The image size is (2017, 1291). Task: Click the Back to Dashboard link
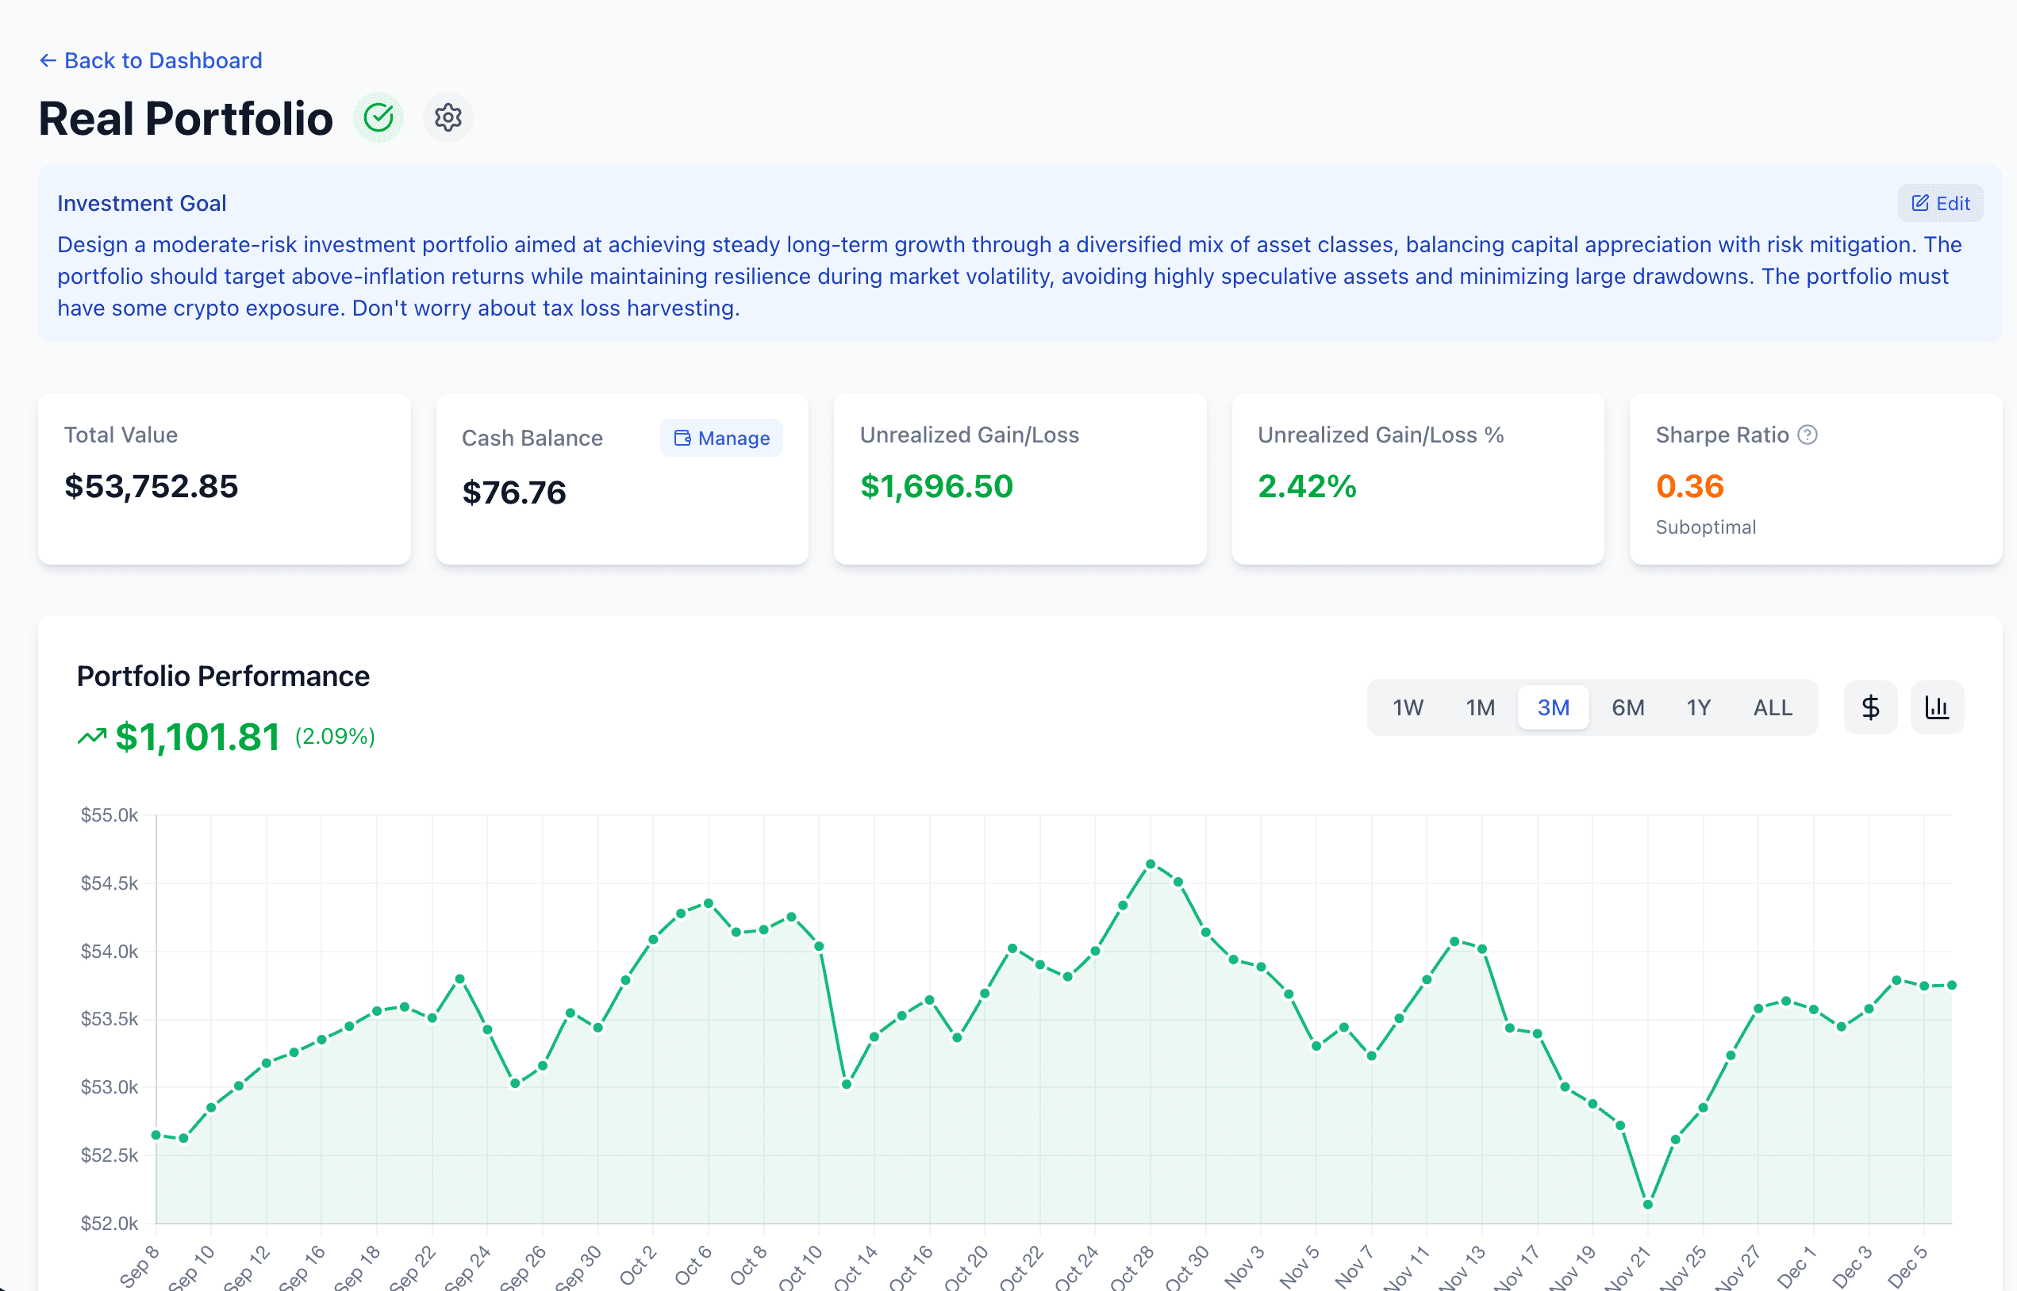[x=151, y=60]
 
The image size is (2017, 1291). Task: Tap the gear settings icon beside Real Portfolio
[x=448, y=117]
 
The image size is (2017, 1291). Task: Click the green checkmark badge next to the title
[x=378, y=117]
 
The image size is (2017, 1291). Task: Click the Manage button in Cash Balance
[x=721, y=438]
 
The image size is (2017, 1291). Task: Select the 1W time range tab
[x=1408, y=707]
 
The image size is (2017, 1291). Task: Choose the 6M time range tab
[x=1627, y=707]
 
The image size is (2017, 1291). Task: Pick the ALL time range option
[x=1772, y=707]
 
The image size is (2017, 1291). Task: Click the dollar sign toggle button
[x=1869, y=707]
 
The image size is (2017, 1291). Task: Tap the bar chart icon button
[x=1937, y=707]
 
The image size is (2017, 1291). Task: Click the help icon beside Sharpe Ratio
[x=1808, y=435]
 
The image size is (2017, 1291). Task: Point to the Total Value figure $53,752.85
[x=152, y=486]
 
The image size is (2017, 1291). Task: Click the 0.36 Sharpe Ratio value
[x=1689, y=486]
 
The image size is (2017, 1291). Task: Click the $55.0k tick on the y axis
[x=109, y=815]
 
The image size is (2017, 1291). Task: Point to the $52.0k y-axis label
[x=109, y=1223]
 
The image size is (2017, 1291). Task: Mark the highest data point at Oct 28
[x=1151, y=864]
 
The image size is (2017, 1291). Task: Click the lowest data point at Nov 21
[x=1647, y=1205]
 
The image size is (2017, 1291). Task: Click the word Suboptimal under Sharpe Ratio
[x=1705, y=527]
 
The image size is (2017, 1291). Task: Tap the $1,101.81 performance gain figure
[x=197, y=737]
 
